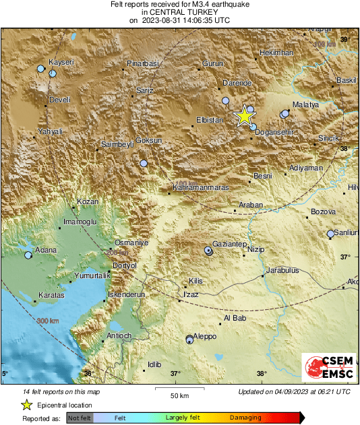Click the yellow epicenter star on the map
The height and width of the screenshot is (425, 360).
click(243, 116)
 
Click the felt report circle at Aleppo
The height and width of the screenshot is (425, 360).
click(190, 339)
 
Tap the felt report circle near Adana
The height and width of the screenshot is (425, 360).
click(28, 255)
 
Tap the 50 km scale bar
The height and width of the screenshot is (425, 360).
click(178, 389)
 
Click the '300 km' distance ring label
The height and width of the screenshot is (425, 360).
click(49, 321)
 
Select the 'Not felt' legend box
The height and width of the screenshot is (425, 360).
click(80, 418)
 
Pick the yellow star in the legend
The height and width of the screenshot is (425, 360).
click(26, 405)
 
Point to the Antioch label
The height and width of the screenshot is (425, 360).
click(119, 335)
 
